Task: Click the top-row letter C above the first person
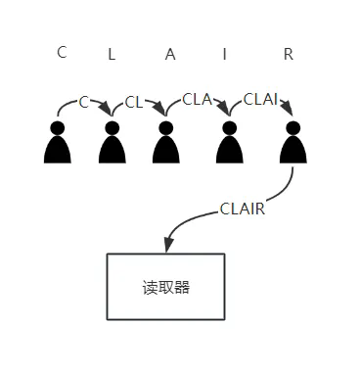click(x=62, y=53)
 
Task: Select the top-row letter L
click(x=112, y=56)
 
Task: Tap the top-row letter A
click(x=170, y=55)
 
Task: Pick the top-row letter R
click(x=288, y=55)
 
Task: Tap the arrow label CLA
click(x=198, y=98)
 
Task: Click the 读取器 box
click(x=165, y=287)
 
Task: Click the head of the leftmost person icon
click(x=58, y=127)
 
